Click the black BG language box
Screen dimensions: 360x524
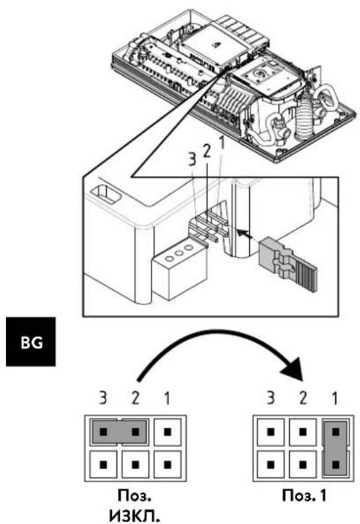tap(30, 342)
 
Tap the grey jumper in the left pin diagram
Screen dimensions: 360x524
tap(119, 432)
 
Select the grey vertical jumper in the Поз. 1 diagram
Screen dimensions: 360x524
tap(335, 448)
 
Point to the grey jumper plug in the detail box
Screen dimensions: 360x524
tap(288, 264)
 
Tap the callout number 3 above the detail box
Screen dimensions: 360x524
tap(192, 159)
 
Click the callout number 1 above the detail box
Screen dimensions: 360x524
tap(221, 143)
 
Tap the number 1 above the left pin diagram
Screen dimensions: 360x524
tap(167, 398)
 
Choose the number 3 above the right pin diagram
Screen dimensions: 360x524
tap(271, 398)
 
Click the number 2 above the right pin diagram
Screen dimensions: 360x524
tap(303, 398)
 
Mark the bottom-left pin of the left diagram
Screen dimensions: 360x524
tap(103, 464)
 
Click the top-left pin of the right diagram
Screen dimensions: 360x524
tap(271, 432)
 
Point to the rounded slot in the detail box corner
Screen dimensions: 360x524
tap(106, 194)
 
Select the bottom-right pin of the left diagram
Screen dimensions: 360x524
tap(168, 464)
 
